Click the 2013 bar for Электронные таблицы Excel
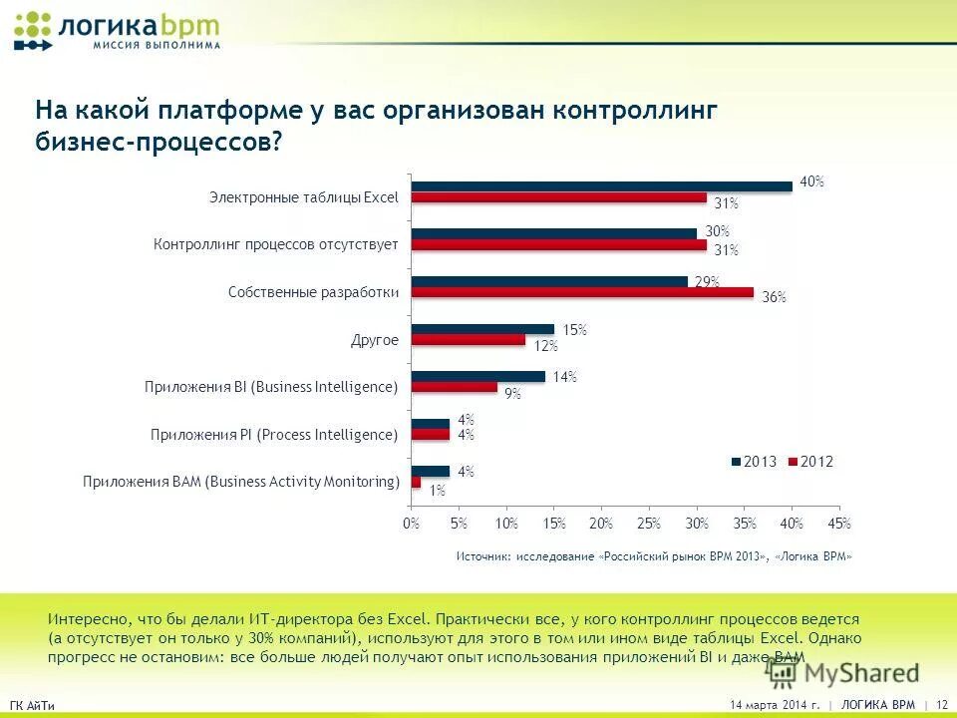(601, 185)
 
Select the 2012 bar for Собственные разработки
(582, 292)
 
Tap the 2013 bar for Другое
(482, 329)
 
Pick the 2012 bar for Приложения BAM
(416, 483)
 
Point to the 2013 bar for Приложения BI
(478, 376)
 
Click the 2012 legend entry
(810, 462)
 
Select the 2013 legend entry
(754, 462)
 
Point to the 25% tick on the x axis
(648, 524)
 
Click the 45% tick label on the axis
(839, 524)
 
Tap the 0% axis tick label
(410, 524)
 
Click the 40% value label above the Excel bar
(811, 181)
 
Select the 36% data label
(774, 297)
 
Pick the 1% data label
(437, 490)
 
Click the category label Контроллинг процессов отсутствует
(276, 244)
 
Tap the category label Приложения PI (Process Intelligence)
(274, 435)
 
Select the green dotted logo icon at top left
(33, 30)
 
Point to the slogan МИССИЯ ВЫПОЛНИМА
(157, 45)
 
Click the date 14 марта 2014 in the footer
(775, 705)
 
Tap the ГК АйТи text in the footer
(32, 706)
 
